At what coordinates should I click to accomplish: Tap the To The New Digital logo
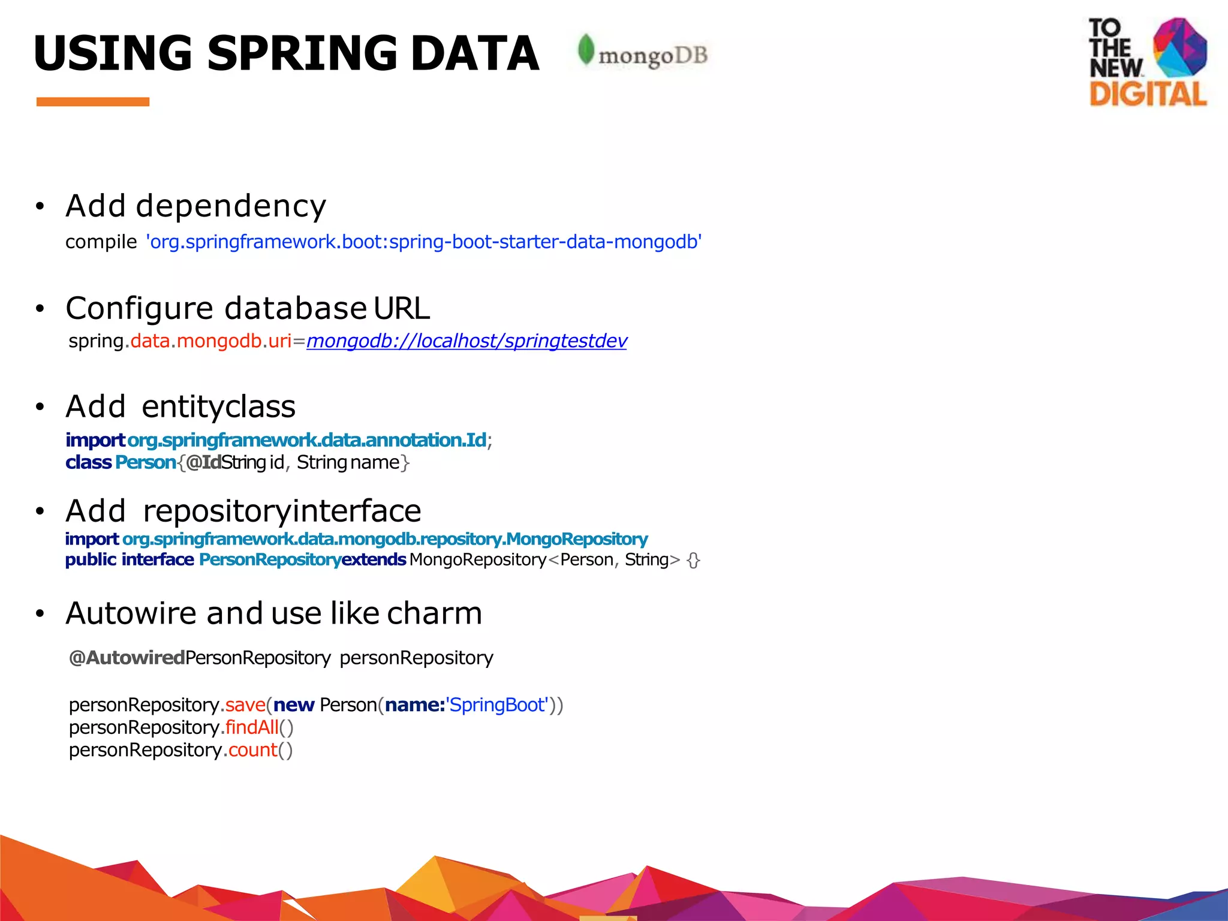click(x=1147, y=62)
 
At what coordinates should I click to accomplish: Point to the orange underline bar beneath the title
click(x=93, y=102)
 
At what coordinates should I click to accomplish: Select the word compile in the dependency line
click(x=101, y=242)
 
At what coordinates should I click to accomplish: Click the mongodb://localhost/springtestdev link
click(x=466, y=341)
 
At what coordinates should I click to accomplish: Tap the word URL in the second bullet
click(x=402, y=308)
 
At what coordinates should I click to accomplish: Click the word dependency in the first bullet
click(x=231, y=207)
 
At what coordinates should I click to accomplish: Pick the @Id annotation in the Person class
click(x=203, y=462)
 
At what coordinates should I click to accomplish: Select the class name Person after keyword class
click(x=146, y=462)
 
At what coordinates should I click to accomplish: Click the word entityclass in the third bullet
click(x=219, y=407)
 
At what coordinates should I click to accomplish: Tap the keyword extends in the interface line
click(x=374, y=559)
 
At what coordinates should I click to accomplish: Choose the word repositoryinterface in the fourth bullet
click(x=282, y=511)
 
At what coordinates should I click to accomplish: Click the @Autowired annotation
click(x=127, y=658)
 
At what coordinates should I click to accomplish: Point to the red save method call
click(x=245, y=705)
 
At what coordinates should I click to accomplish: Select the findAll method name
click(x=252, y=727)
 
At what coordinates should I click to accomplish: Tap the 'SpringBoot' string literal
click(x=497, y=705)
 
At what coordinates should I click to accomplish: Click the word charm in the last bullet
click(x=434, y=613)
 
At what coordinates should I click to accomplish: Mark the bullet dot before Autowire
click(x=40, y=614)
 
